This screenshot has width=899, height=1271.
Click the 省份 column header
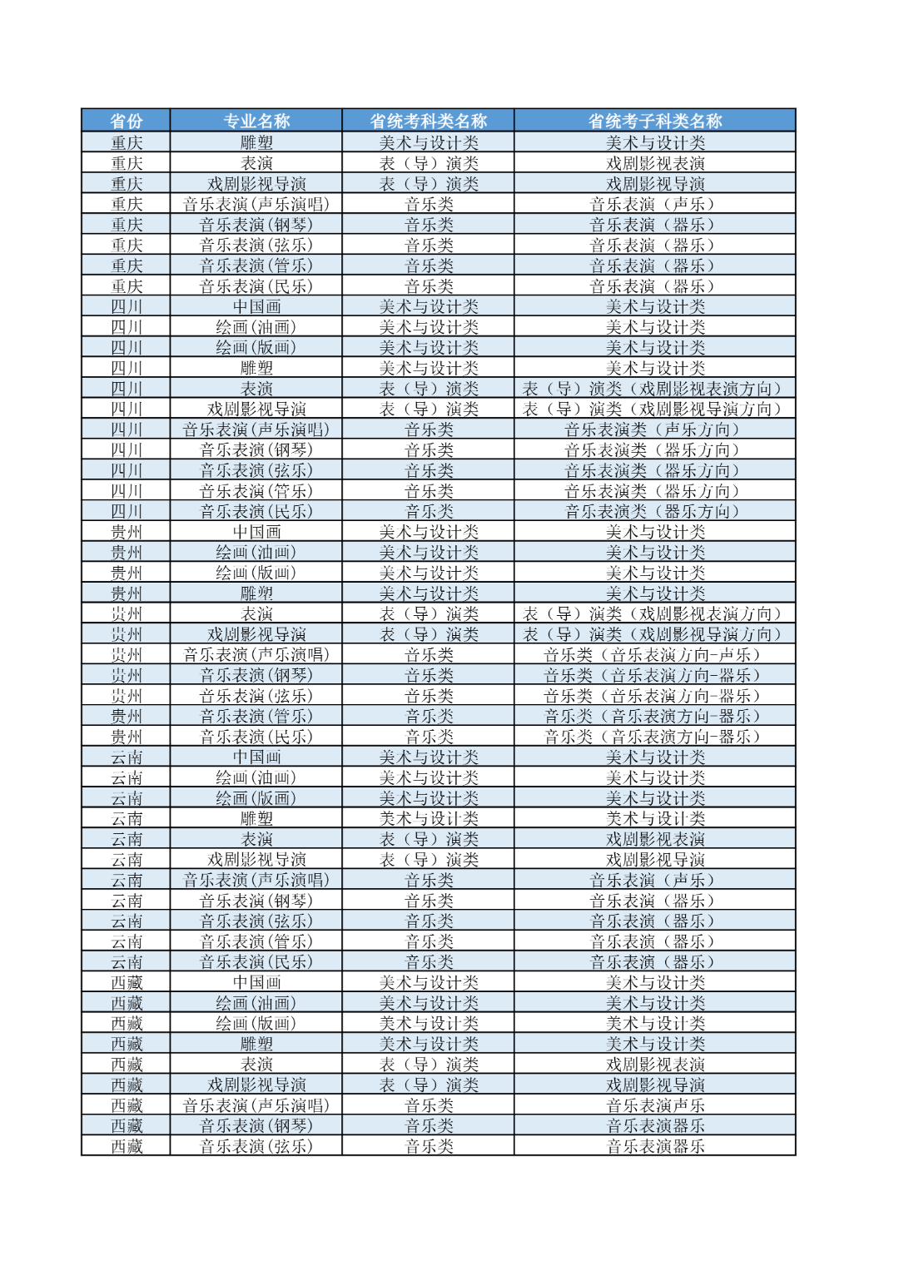pos(126,121)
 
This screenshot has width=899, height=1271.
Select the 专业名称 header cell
pos(256,121)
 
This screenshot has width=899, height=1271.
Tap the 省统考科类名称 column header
pos(429,121)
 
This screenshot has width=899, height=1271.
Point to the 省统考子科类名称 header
pos(655,121)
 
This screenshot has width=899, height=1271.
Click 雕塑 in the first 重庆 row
pos(256,142)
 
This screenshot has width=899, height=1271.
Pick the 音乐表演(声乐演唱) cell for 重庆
pos(256,204)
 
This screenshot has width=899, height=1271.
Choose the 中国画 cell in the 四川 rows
pos(256,306)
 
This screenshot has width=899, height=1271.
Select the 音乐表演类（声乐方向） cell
pos(655,429)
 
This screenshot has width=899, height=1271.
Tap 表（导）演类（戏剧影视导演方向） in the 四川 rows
pos(655,409)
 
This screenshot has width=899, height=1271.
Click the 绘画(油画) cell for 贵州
pos(256,552)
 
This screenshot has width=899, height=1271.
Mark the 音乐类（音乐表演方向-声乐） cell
pos(655,654)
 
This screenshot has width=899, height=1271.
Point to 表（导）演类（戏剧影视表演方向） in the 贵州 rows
pos(655,613)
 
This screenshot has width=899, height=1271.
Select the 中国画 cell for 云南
pos(256,757)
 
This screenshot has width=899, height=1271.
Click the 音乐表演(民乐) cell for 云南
pos(256,961)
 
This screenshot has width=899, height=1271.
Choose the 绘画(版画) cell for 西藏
pos(256,1023)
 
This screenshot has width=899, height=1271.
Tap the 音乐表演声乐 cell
pos(655,1105)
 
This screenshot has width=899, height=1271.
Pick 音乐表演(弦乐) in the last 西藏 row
pos(256,1146)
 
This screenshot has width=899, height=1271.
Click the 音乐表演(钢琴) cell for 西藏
pos(256,1125)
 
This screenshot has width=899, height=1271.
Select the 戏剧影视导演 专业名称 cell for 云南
pos(256,859)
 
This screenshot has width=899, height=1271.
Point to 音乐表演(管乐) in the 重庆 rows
pos(256,266)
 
